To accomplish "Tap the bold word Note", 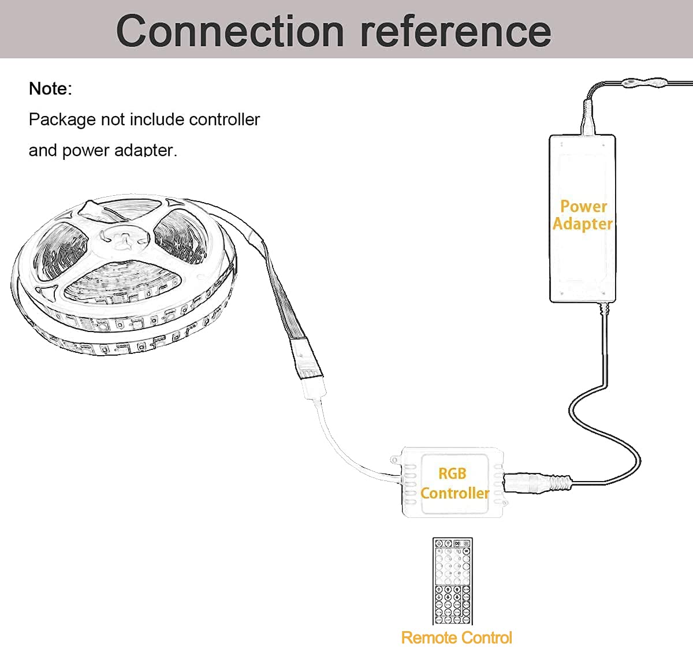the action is [50, 88].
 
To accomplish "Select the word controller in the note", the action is [225, 120].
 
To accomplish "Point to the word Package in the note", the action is [62, 120].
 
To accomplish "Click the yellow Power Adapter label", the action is [583, 215].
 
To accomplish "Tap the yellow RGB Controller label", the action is [454, 483].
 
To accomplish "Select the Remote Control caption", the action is [456, 637].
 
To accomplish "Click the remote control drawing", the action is [453, 581].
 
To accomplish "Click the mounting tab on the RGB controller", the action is [396, 460].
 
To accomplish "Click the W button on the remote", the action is [467, 551].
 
